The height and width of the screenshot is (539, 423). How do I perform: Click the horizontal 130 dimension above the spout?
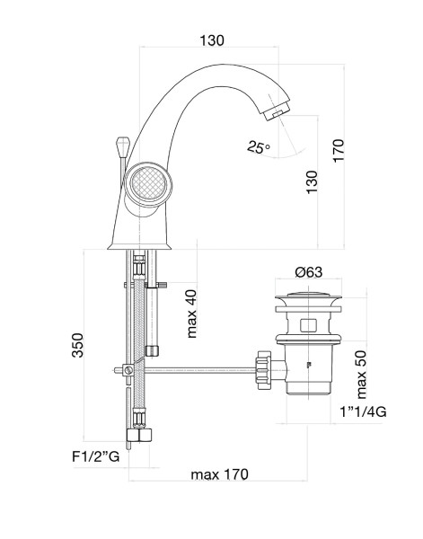[212, 40]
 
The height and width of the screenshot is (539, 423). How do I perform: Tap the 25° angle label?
[259, 147]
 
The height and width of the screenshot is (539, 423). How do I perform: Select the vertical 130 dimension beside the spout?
[312, 181]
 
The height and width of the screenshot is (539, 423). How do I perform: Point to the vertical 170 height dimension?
[338, 151]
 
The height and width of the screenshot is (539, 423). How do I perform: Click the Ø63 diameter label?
[309, 272]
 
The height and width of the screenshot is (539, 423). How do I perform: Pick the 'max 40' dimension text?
[191, 314]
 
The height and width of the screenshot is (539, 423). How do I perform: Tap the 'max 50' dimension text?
[361, 375]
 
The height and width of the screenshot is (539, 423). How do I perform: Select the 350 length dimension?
[77, 345]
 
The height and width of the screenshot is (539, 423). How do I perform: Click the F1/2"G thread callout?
[96, 456]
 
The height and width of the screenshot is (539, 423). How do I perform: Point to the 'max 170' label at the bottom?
[219, 474]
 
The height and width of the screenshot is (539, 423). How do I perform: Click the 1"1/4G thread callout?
[363, 411]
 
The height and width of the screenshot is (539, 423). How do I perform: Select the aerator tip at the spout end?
[277, 110]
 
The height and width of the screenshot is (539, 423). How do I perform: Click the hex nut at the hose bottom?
[139, 435]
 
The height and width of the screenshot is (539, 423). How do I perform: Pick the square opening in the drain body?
[308, 325]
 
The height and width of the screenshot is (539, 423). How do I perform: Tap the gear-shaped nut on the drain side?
[264, 370]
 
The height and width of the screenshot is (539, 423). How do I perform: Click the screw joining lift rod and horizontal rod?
[128, 370]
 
